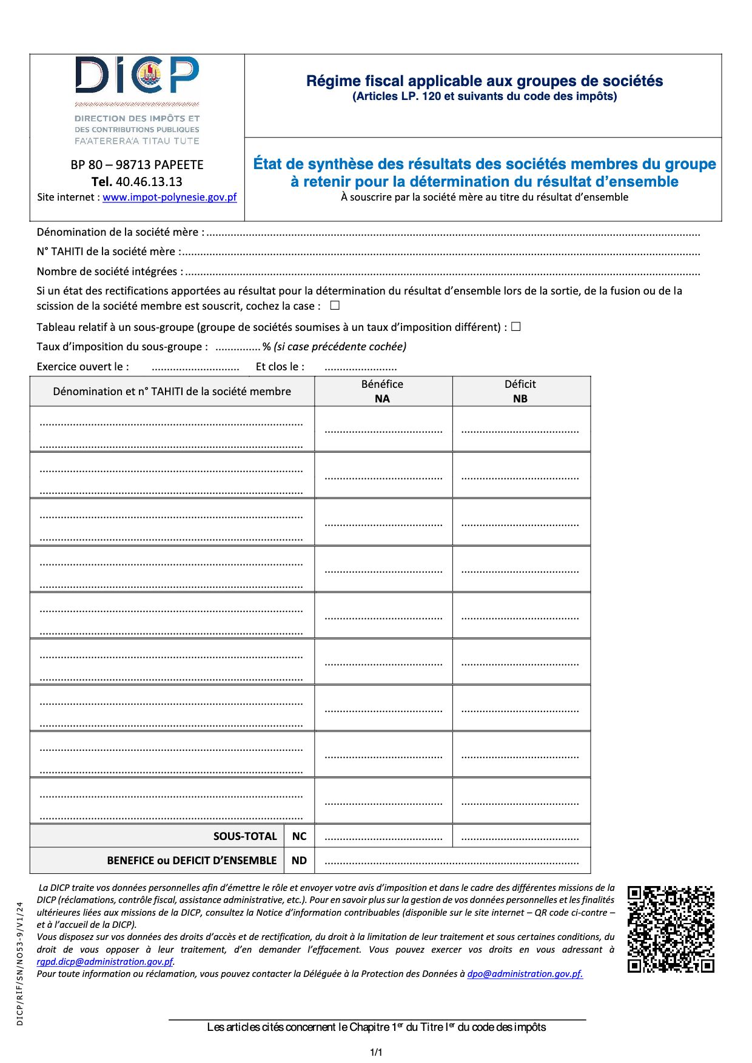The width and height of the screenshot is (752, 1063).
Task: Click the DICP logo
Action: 137,76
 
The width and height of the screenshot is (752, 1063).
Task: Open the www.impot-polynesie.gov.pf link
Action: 169,197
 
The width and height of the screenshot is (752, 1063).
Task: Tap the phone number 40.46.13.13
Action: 149,181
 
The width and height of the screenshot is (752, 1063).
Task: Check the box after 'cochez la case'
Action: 335,305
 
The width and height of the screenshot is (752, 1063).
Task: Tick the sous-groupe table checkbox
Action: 516,327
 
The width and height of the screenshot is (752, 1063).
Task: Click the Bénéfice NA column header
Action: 383,391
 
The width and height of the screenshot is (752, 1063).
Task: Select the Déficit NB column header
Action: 520,391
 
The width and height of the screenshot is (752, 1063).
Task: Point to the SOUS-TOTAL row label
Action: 245,836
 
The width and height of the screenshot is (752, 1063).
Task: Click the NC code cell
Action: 299,836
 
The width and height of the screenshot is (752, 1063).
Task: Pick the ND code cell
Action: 299,861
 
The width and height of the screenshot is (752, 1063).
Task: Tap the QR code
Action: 671,929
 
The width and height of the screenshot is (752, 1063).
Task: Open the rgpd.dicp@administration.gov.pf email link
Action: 105,962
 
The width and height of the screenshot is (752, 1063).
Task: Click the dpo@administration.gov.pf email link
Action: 525,974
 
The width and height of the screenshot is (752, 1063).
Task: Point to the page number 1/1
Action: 376,1052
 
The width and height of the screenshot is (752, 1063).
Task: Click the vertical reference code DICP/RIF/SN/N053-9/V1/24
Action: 20,964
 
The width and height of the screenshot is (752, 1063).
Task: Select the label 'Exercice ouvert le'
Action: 82,367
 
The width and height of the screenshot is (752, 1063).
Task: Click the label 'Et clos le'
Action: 280,367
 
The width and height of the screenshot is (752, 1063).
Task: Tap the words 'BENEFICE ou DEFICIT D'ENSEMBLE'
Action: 192,861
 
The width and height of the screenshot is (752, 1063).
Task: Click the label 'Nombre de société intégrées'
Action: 109,272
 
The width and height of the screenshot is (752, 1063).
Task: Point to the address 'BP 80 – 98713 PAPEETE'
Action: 137,165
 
